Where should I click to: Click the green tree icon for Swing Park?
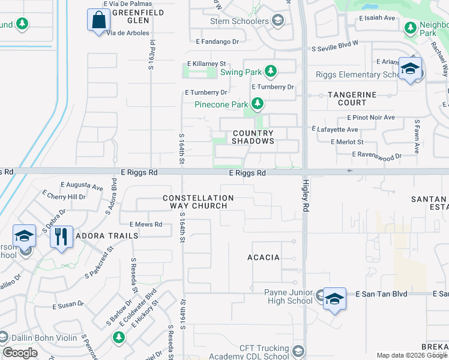tap(271, 72)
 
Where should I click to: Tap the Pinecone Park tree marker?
tap(258, 104)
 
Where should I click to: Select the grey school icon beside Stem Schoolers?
tap(277, 22)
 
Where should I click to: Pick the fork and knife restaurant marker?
tap(61, 236)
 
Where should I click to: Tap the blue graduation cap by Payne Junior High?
tap(334, 298)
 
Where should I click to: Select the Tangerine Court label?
tap(352, 99)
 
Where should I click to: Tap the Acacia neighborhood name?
tap(264, 257)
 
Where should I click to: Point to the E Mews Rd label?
tap(141, 224)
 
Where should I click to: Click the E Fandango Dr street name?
tap(217, 42)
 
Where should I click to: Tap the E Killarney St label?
tap(206, 63)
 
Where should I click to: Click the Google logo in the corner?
tap(20, 353)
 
